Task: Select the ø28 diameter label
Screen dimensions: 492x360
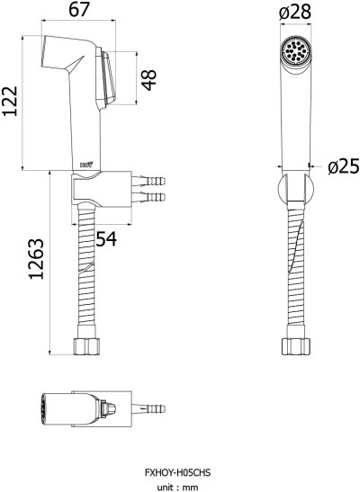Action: [295, 12]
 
